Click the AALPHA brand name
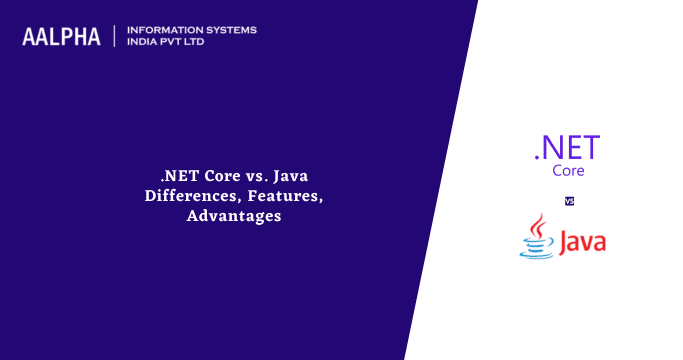61,37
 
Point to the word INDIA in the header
144,43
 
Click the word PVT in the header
179,43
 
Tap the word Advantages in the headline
234,215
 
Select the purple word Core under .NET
568,171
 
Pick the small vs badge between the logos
569,201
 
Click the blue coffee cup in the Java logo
536,245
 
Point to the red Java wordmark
582,242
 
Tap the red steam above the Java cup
538,224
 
